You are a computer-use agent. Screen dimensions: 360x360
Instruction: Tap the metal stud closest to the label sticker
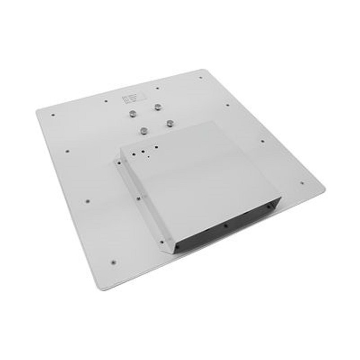pyautogui.click(x=133, y=114)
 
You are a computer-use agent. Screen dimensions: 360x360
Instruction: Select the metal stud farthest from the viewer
pyautogui.click(x=158, y=107)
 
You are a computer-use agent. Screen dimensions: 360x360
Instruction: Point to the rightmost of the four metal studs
pyautogui.click(x=170, y=122)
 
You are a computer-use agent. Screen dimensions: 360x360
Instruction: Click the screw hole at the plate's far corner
pyautogui.click(x=200, y=77)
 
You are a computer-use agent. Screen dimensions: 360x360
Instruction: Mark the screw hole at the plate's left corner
pyautogui.click(x=53, y=115)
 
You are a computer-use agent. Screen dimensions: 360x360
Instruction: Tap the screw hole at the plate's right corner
pyautogui.click(x=302, y=183)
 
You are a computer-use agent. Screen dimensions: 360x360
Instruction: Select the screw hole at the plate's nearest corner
pyautogui.click(x=113, y=261)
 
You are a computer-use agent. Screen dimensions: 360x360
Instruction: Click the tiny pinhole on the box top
pyautogui.click(x=148, y=157)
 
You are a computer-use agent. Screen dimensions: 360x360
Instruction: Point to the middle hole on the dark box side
pyautogui.click(x=225, y=225)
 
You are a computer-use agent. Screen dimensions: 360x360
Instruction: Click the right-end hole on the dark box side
pyautogui.click(x=269, y=207)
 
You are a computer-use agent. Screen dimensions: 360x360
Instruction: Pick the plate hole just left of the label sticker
pyautogui.click(x=105, y=101)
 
